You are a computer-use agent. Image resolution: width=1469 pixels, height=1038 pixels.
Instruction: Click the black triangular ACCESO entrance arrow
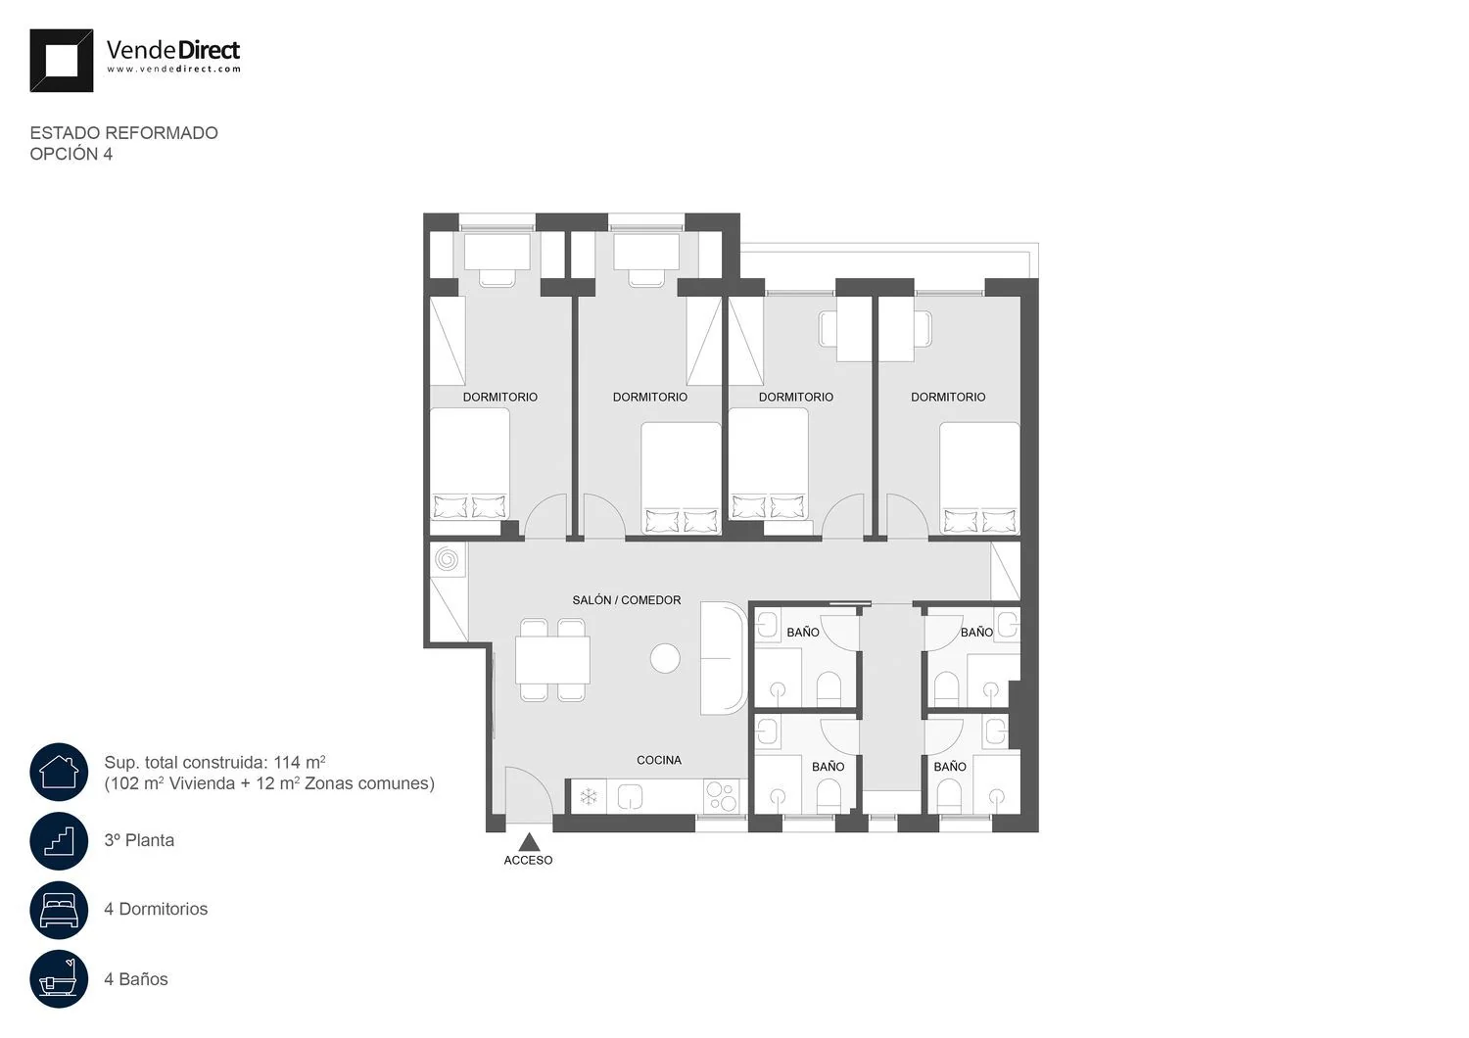coord(529,841)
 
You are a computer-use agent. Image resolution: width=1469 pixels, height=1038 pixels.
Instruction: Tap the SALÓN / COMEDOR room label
coord(627,600)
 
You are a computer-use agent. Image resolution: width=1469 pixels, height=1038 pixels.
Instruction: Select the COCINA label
coord(659,760)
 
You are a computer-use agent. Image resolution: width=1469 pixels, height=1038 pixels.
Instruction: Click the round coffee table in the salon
coord(665,658)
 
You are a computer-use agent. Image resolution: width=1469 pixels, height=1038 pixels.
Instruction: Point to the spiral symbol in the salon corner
coord(448,559)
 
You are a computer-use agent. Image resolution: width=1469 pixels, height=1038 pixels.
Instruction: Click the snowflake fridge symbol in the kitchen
coord(589,797)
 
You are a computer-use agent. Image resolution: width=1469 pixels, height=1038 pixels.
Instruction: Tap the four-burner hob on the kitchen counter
coord(721,796)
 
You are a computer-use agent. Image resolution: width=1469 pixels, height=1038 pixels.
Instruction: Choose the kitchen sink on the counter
coord(631,797)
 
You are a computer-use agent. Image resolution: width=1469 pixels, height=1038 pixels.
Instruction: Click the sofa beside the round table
coord(724,658)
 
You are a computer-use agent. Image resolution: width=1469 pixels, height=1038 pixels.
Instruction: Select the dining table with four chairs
coord(552,660)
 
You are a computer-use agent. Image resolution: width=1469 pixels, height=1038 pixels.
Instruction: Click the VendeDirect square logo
coord(62,61)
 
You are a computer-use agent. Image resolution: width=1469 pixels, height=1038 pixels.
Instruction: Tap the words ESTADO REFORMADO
coord(124,133)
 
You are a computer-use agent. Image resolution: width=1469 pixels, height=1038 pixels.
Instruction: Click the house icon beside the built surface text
coord(59,772)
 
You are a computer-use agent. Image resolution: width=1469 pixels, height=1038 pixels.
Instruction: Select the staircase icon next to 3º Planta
coord(59,840)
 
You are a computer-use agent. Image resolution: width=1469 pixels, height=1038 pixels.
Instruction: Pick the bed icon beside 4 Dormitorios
coord(59,910)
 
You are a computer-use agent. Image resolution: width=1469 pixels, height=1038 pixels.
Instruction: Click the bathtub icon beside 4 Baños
coord(59,979)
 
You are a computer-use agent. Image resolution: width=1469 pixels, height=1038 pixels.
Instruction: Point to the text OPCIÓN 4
coord(71,154)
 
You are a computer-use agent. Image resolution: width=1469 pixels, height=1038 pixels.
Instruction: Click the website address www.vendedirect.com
coord(173,69)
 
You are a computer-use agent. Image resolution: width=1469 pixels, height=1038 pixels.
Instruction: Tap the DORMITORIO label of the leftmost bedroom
coord(499,397)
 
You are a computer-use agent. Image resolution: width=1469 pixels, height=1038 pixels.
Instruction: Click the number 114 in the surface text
coord(287,763)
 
